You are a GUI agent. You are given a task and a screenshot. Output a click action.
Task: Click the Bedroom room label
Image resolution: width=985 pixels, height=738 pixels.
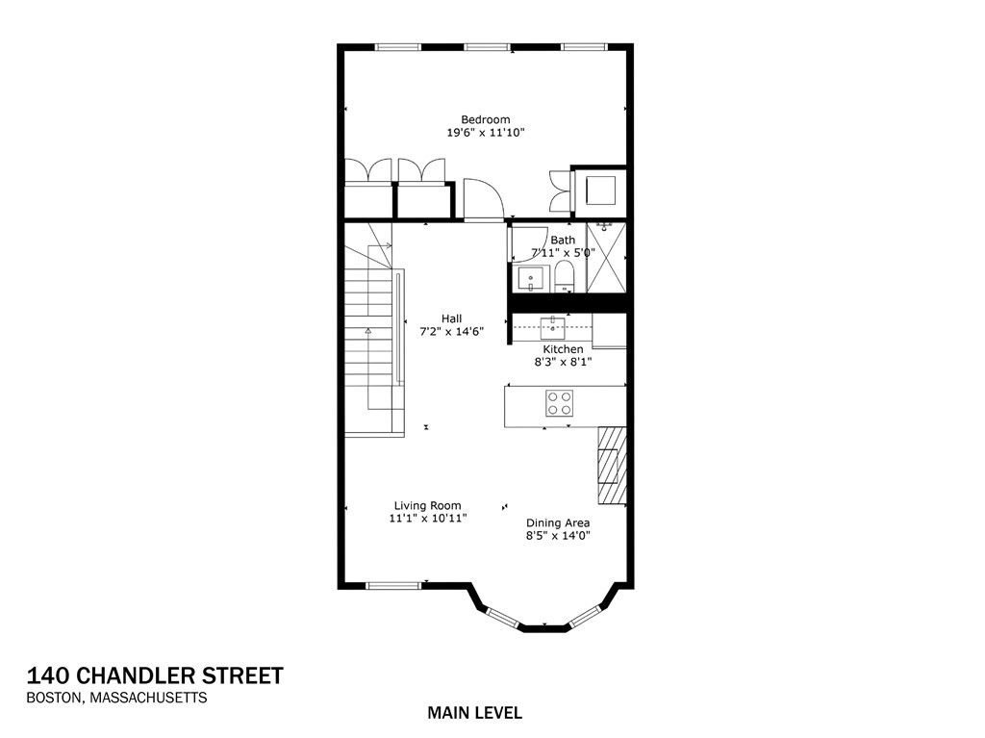pos(485,119)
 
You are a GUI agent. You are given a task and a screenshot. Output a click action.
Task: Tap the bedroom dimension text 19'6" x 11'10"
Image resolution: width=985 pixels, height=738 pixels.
pos(485,133)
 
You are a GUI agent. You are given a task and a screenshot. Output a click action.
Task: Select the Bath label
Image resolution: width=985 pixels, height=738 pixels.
pos(563,240)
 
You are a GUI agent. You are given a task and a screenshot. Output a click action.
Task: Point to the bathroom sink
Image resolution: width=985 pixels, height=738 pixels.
pos(530,279)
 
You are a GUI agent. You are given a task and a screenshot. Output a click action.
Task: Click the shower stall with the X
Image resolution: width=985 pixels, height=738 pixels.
pos(606,256)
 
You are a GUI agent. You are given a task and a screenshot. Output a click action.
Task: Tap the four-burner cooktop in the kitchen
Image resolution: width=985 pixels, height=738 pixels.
pos(560,402)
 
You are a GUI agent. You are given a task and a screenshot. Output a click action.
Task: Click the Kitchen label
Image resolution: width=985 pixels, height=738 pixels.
pos(563,349)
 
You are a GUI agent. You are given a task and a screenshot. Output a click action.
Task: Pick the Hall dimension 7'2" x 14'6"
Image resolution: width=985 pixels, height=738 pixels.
pos(451,331)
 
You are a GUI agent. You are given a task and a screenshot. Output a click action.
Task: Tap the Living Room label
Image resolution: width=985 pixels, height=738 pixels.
pos(427,505)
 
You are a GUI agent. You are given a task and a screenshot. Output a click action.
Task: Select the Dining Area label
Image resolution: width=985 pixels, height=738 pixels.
pos(558,523)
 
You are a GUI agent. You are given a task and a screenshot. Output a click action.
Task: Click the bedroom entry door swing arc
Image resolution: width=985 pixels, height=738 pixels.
pos(483,198)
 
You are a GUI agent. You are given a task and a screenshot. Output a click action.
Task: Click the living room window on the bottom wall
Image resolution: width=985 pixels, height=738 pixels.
pos(393,584)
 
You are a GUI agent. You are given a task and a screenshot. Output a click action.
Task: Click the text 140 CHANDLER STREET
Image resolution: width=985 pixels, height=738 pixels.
pos(155,675)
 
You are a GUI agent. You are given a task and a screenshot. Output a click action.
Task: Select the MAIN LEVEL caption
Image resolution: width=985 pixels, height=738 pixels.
pos(474,713)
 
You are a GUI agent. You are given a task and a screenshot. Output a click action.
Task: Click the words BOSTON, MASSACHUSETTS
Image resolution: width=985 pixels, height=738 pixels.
pos(116,699)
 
